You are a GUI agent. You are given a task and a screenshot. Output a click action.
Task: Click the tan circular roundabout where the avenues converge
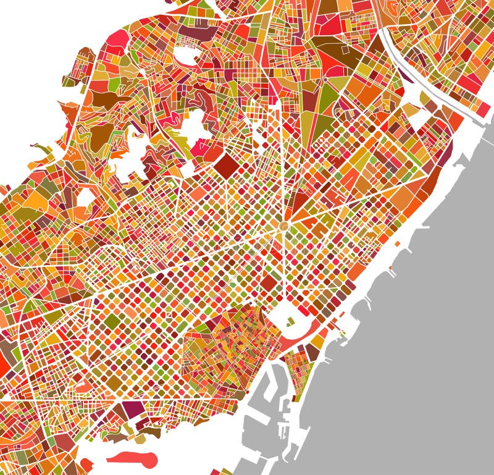[284, 227]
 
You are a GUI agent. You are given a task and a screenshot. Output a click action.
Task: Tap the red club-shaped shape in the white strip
[133, 458]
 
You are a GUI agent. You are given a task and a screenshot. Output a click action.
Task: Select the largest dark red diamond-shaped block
[226, 165]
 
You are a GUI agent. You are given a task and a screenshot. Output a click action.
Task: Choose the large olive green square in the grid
[112, 322]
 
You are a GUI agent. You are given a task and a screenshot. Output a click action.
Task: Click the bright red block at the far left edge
[4, 364]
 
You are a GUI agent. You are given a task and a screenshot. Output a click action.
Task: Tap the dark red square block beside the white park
[268, 283]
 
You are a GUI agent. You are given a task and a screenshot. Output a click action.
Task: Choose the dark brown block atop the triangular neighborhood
[312, 353]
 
